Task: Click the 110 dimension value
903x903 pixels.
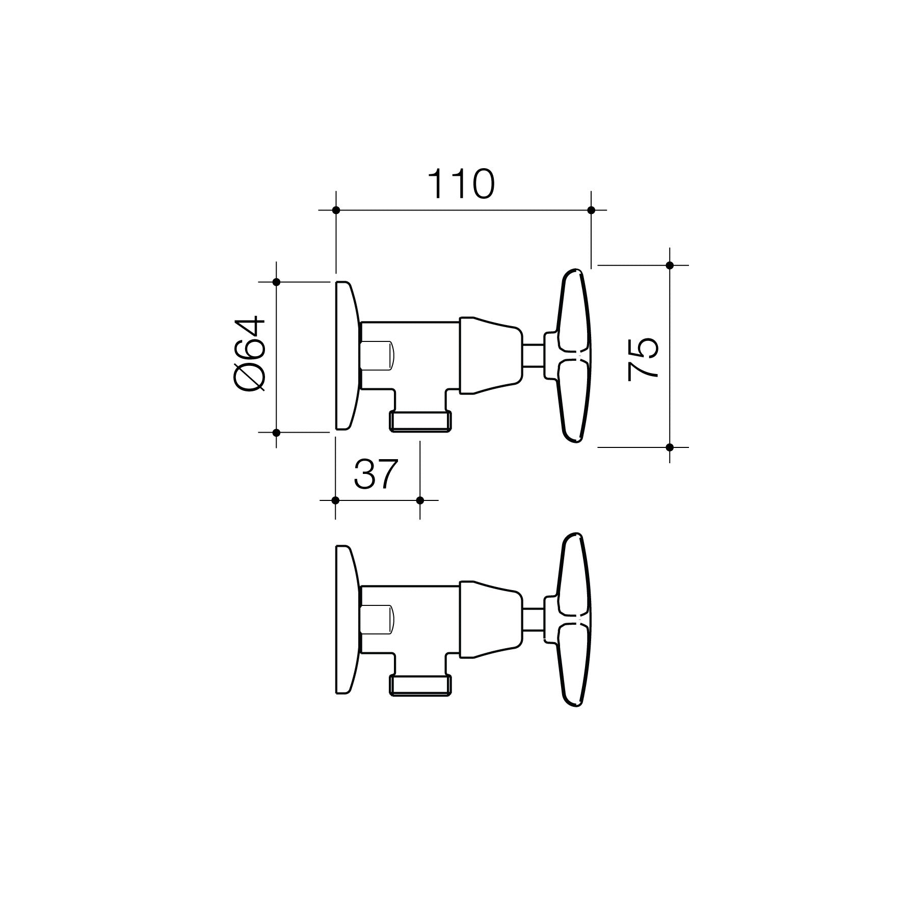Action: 461,184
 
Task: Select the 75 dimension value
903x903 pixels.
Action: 643,359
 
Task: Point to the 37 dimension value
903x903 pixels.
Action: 375,474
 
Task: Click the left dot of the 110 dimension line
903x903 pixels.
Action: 335,210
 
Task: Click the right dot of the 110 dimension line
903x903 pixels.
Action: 591,210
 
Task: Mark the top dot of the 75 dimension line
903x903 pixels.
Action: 670,265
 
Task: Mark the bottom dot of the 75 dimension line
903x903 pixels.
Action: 670,447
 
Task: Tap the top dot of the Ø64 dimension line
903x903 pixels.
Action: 276,282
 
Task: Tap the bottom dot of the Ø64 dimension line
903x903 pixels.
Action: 276,432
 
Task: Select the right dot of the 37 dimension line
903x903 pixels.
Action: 420,500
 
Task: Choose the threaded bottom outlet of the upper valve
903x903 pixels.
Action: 420,421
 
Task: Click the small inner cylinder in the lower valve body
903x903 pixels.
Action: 377,620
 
